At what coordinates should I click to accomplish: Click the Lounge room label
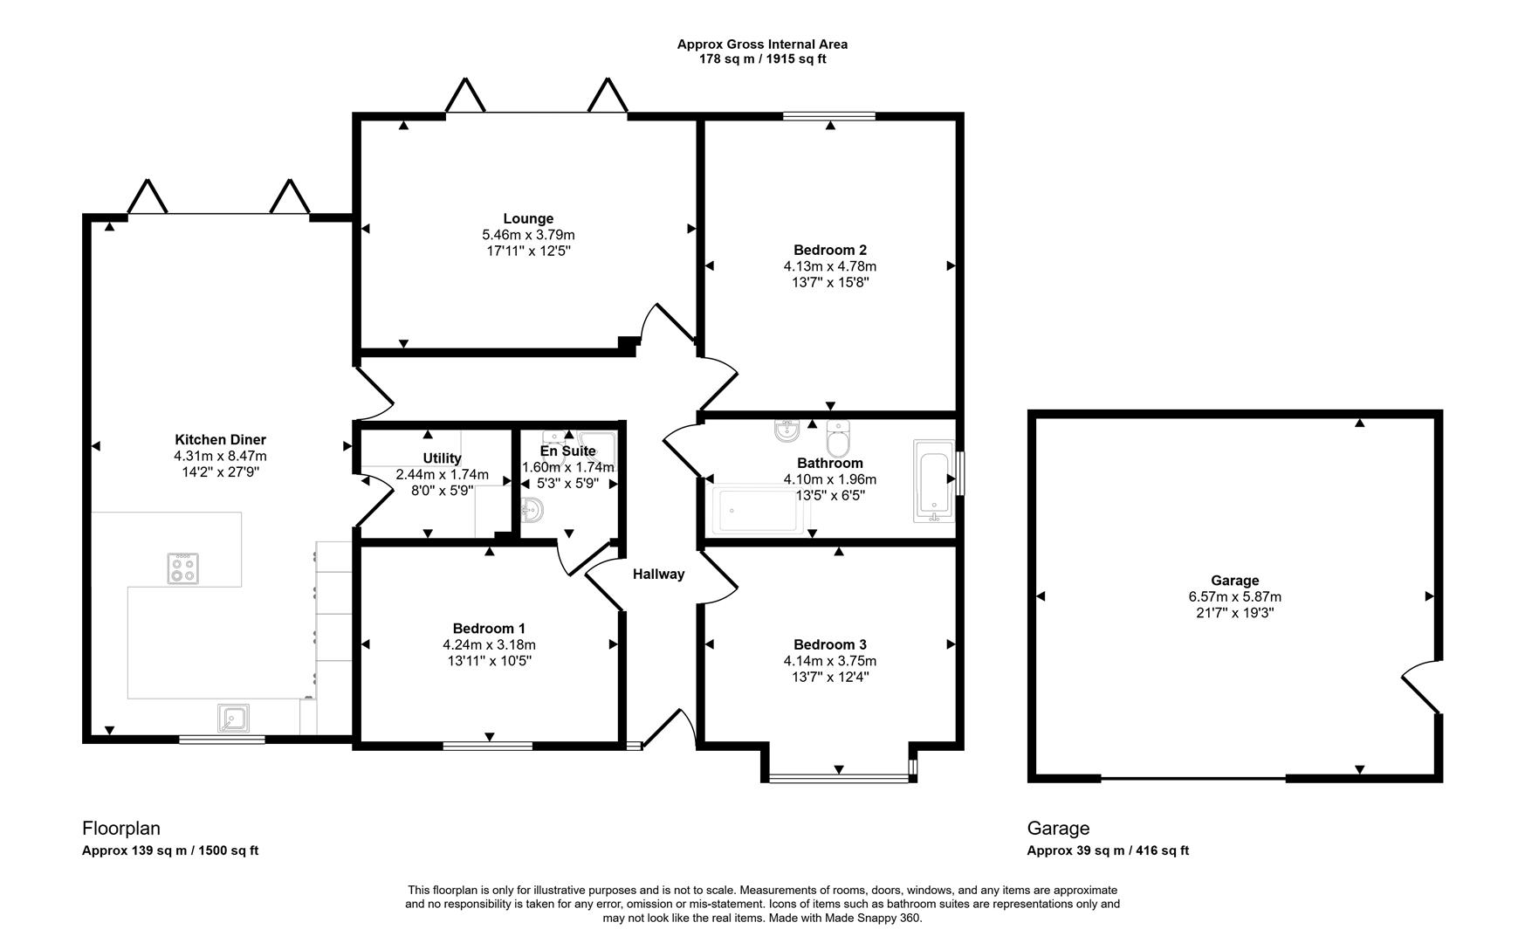[527, 218]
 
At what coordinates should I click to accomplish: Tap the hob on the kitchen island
[183, 569]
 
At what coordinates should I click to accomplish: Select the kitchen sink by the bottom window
[233, 718]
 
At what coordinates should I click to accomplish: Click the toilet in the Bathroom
[838, 440]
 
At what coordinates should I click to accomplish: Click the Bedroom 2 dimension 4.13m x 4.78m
[829, 266]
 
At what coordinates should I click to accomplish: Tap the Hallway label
[658, 574]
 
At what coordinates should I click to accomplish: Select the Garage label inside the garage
[1234, 580]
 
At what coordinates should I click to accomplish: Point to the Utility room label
[442, 458]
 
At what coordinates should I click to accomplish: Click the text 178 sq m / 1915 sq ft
[762, 59]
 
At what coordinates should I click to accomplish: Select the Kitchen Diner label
[220, 439]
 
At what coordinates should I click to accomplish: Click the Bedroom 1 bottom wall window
[487, 745]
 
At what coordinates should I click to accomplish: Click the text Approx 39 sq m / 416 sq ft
[1107, 850]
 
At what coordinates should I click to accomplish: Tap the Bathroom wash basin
[787, 430]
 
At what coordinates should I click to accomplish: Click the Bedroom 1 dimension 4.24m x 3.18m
[489, 644]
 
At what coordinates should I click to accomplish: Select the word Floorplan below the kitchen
[121, 828]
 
